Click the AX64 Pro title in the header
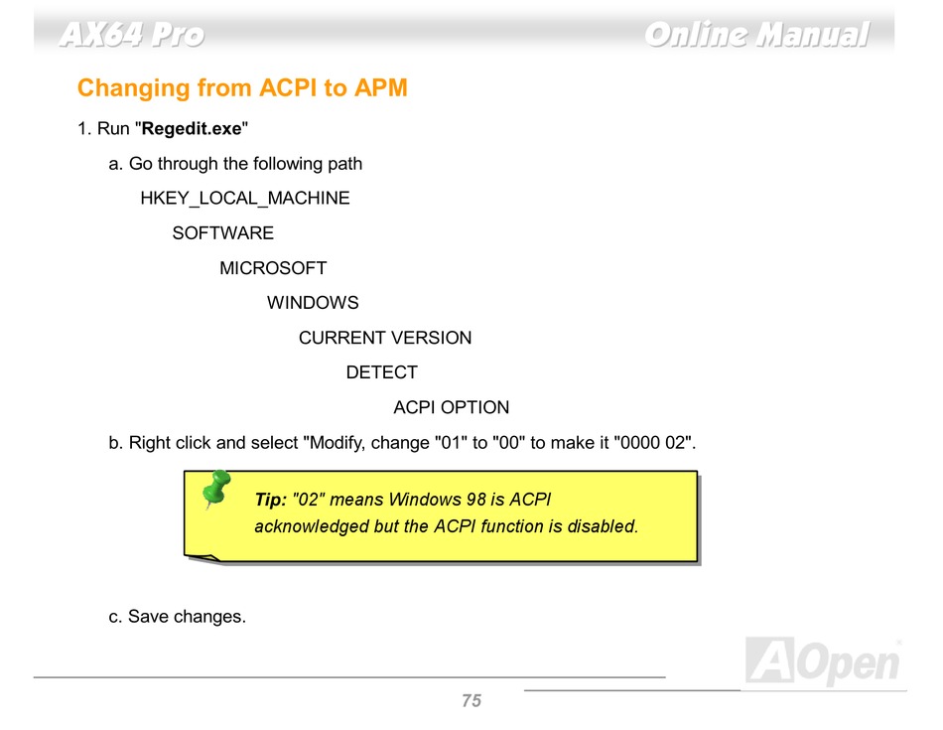pyautogui.click(x=132, y=34)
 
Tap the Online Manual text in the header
pyautogui.click(x=757, y=34)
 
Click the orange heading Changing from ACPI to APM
pyautogui.click(x=242, y=87)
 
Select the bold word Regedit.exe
pyautogui.click(x=192, y=129)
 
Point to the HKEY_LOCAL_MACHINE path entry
pyautogui.click(x=245, y=198)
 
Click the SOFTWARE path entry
pyautogui.click(x=223, y=232)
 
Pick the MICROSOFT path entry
pyautogui.click(x=273, y=268)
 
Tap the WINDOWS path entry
pyautogui.click(x=313, y=303)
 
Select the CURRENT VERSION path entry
pyautogui.click(x=385, y=338)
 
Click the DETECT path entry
pyautogui.click(x=382, y=372)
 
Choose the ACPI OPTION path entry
pyautogui.click(x=451, y=407)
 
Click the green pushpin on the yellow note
pyautogui.click(x=216, y=488)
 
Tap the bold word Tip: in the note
pyautogui.click(x=271, y=500)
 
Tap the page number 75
pyautogui.click(x=471, y=700)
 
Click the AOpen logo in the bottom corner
pyautogui.click(x=823, y=660)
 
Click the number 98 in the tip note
pyautogui.click(x=476, y=500)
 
